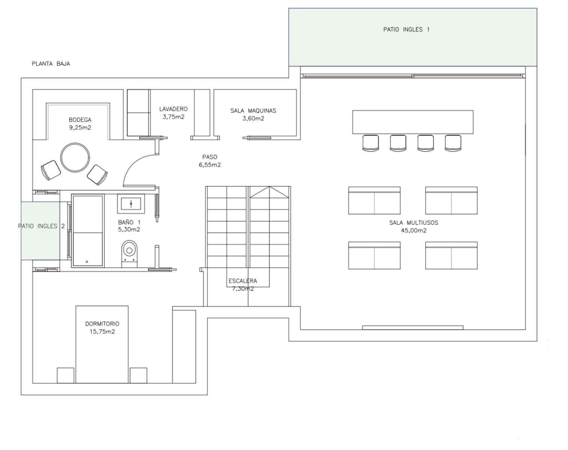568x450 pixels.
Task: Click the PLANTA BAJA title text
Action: (51, 64)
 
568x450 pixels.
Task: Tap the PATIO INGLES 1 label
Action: (406, 30)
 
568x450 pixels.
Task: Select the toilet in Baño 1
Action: (129, 254)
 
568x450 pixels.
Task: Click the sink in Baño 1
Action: (131, 204)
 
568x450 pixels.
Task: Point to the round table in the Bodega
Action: (75, 157)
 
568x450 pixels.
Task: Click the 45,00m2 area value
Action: (414, 231)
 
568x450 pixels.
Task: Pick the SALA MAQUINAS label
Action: (253, 111)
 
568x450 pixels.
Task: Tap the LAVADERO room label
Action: (174, 109)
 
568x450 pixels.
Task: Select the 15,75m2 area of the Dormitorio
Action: (102, 332)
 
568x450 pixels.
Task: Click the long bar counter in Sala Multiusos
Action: (413, 122)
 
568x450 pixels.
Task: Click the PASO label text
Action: (210, 157)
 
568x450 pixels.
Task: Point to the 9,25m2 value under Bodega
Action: (80, 127)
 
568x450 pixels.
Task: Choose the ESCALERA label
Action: (243, 281)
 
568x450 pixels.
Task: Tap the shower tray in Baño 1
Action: (88, 231)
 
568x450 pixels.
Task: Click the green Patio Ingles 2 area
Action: (40, 231)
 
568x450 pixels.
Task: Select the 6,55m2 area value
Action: (210, 165)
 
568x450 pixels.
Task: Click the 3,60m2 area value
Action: (253, 118)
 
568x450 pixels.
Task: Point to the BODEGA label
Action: (80, 120)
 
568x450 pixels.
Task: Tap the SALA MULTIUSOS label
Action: (414, 223)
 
